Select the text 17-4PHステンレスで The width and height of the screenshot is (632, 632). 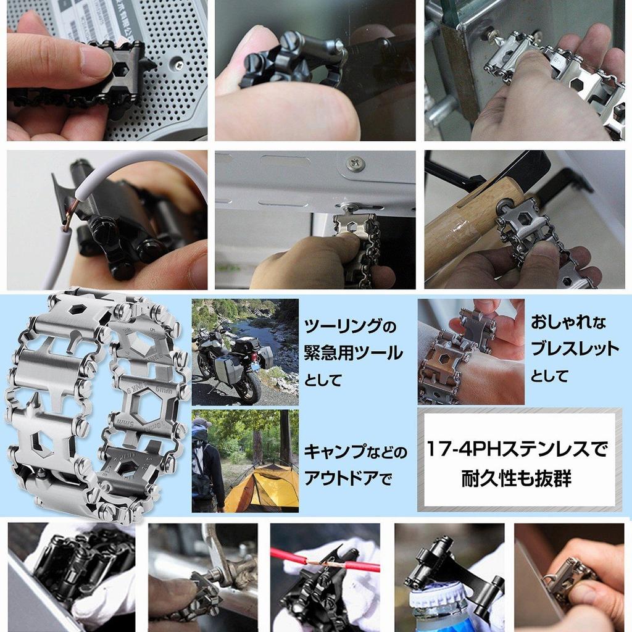click(x=517, y=449)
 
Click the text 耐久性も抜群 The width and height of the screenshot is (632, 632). click(x=517, y=478)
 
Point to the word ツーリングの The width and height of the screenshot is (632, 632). click(x=350, y=326)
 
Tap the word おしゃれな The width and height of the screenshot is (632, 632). click(x=568, y=322)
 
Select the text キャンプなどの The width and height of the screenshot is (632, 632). click(x=355, y=452)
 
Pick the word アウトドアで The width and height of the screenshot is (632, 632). click(x=347, y=479)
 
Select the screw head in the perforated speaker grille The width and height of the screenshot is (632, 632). click(x=178, y=64)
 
